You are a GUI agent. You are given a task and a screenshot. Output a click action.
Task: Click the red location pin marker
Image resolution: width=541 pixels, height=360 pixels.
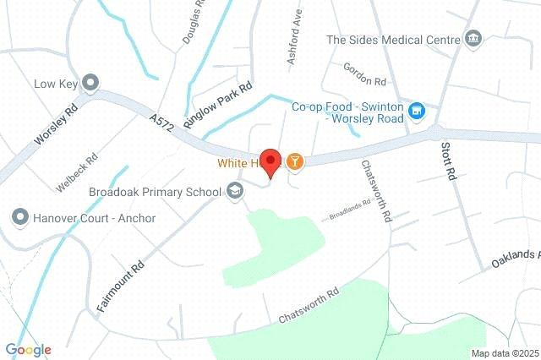(270, 161)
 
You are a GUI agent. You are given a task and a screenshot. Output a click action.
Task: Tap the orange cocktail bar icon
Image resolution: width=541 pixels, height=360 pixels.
(294, 161)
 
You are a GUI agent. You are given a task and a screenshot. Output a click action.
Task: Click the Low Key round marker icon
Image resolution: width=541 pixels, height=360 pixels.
(91, 83)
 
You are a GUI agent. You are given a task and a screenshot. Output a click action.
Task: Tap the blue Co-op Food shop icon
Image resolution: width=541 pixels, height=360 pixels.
(416, 111)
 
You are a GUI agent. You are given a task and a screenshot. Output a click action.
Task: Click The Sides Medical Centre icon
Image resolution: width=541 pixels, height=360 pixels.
(473, 39)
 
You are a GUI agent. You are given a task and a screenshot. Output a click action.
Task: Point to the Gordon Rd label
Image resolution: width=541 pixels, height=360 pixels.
(364, 74)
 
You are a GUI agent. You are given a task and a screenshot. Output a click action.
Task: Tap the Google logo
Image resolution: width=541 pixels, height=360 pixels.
(28, 350)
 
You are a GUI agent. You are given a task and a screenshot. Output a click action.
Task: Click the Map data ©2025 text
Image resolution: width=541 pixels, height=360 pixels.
(505, 353)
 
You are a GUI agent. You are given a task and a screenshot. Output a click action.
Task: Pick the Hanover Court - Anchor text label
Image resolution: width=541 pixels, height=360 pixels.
(95, 218)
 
